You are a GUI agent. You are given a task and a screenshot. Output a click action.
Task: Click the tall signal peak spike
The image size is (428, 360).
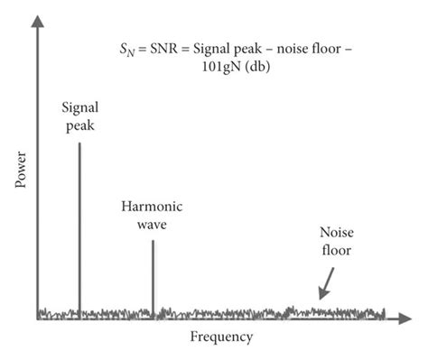(79, 226)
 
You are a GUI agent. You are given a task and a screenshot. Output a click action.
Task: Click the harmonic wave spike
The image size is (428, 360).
(153, 275)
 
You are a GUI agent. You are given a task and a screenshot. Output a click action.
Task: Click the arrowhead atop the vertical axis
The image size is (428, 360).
(37, 24)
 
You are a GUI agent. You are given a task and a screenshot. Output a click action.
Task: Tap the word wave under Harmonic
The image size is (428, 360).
(152, 223)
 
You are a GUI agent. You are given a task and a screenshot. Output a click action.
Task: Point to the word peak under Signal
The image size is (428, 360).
(79, 125)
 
